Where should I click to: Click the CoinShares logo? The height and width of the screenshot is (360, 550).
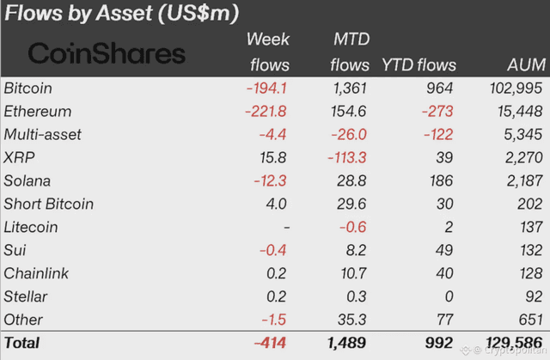[x=107, y=53]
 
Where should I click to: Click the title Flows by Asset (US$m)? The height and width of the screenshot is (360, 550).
[x=121, y=14]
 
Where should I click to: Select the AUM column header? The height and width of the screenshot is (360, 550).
[x=526, y=64]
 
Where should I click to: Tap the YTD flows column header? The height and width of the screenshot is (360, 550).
[x=419, y=64]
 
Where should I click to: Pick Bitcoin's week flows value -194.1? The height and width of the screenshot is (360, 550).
[x=266, y=88]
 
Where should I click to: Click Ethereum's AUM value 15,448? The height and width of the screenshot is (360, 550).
[x=520, y=112]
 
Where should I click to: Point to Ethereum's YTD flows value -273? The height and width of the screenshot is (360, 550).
[x=437, y=112]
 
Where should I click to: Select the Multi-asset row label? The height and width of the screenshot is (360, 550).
[x=42, y=135]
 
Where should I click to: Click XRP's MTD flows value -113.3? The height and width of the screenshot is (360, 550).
[x=347, y=158]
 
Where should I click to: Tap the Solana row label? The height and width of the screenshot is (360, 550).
[x=27, y=181]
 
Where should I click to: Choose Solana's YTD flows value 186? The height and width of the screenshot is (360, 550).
[x=442, y=181]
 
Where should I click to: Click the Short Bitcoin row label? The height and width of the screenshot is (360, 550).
[x=48, y=204]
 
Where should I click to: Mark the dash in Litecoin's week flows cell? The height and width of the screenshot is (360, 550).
[x=287, y=228]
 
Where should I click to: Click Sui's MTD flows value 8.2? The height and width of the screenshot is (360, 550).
[x=356, y=250]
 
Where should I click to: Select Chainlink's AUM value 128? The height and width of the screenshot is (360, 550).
[x=531, y=273]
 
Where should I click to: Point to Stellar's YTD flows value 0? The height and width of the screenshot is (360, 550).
[x=449, y=296]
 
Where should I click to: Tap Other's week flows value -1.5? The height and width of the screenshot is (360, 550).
[x=274, y=320]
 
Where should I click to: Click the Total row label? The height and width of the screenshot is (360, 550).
[x=21, y=343]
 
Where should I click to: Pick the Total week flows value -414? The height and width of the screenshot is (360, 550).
[x=270, y=343]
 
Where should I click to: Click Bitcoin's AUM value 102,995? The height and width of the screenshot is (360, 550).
[x=516, y=88]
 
